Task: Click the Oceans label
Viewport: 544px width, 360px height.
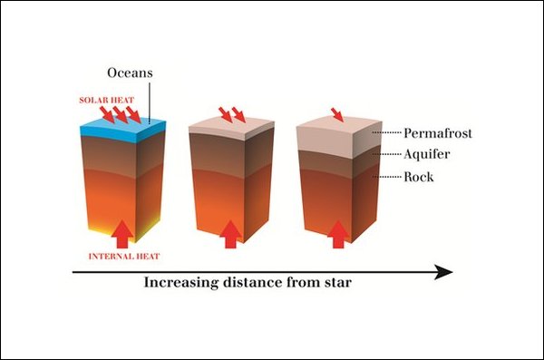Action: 130,73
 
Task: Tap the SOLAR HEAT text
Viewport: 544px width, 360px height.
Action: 106,101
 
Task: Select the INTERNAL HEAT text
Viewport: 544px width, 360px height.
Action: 124,257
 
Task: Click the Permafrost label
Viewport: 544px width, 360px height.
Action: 438,133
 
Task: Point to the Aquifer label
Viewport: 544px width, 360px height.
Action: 427,154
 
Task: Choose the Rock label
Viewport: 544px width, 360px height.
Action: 419,177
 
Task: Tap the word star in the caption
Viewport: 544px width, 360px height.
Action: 338,283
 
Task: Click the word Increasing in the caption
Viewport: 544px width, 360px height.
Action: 181,283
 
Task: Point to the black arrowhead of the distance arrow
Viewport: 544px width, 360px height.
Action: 443,272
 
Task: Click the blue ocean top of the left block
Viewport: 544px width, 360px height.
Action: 123,129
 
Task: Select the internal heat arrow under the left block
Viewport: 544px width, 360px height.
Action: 122,234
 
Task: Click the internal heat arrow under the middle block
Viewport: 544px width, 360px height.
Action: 230,234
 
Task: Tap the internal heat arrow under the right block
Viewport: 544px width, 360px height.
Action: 338,234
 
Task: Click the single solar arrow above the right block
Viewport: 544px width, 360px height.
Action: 337,114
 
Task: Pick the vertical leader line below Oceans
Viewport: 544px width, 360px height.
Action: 150,103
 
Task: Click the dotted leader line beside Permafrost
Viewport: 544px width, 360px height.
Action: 386,132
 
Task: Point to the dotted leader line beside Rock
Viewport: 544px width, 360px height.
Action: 386,177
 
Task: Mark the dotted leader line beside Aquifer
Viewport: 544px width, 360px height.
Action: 386,154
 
